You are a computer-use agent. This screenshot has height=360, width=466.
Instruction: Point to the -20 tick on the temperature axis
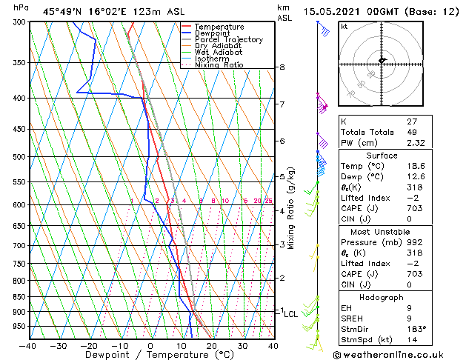[x=89, y=345]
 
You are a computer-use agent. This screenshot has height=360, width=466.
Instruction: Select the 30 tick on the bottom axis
[x=242, y=345]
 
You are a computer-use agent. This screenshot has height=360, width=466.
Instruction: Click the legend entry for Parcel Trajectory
[x=228, y=40]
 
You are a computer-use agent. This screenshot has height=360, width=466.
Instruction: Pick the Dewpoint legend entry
[x=212, y=33]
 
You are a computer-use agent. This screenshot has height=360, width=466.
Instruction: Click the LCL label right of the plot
[x=290, y=314]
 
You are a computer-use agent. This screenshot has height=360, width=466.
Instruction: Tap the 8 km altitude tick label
[x=282, y=67]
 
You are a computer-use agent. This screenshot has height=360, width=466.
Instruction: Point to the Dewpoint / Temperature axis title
[x=150, y=355]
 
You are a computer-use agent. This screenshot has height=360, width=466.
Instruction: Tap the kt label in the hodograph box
[x=344, y=27]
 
